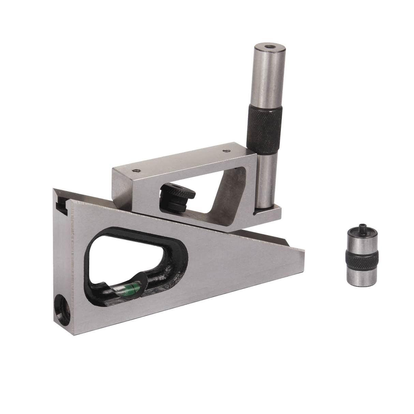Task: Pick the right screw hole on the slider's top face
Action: point(224,149)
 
